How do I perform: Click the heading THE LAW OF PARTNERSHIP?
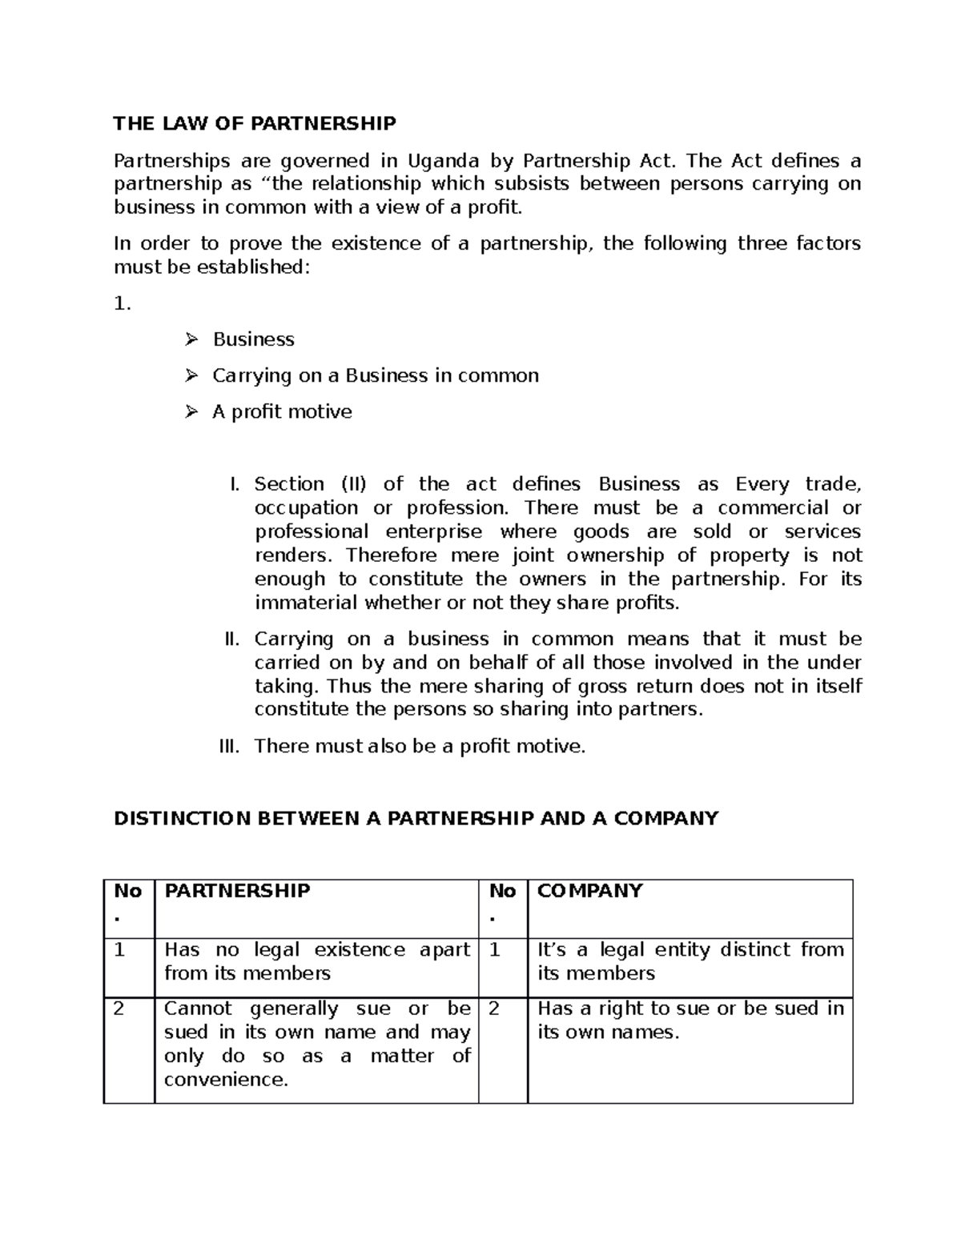pos(254,123)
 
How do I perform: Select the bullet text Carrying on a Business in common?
pos(375,375)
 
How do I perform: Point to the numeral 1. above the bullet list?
pos(122,303)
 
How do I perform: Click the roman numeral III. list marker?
pos(229,747)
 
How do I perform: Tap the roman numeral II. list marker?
pos(231,639)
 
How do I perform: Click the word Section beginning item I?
pos(289,484)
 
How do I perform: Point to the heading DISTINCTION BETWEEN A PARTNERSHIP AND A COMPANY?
pos(416,818)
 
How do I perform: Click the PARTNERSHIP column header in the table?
pos(237,891)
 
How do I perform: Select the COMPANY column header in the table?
pos(589,891)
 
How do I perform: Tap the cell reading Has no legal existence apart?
pos(316,961)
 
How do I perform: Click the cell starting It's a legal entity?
pos(690,961)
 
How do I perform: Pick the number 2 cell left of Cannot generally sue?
pos(119,1008)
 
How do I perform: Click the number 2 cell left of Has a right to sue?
pos(493,1008)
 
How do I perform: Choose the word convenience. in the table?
pos(226,1080)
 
